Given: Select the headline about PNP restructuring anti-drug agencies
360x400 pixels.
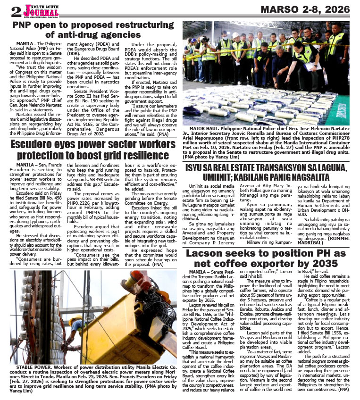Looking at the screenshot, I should (x=91, y=29).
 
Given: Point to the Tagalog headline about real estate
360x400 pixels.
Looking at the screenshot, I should (x=267, y=172).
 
